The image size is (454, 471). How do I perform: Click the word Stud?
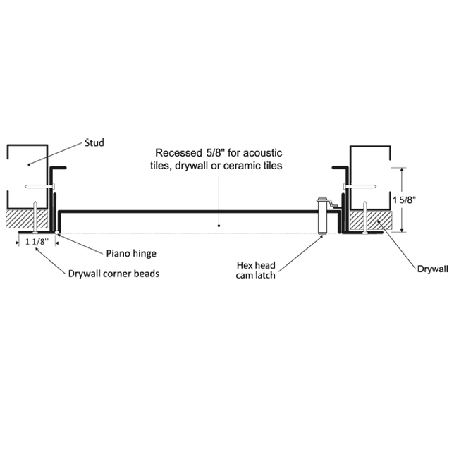(94, 143)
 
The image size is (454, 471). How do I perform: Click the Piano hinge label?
(130, 253)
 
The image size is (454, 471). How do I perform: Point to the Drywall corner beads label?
(113, 274)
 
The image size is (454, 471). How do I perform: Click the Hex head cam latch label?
(255, 271)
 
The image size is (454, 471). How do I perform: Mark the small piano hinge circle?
(56, 231)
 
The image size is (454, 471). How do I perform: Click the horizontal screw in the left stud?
(38, 187)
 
